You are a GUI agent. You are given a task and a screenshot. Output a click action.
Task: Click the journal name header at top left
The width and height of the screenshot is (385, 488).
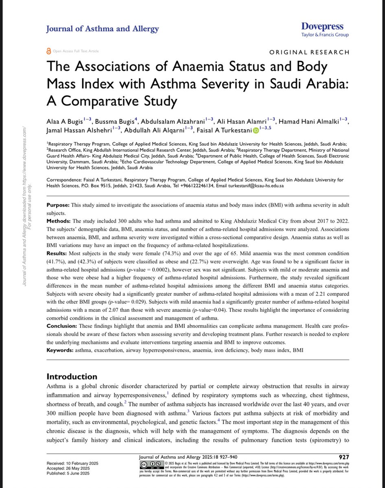point(103,29)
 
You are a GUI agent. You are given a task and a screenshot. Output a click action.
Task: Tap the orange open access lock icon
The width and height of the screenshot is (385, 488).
point(50,51)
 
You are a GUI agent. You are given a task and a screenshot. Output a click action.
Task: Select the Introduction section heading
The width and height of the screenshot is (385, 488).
point(72,377)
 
